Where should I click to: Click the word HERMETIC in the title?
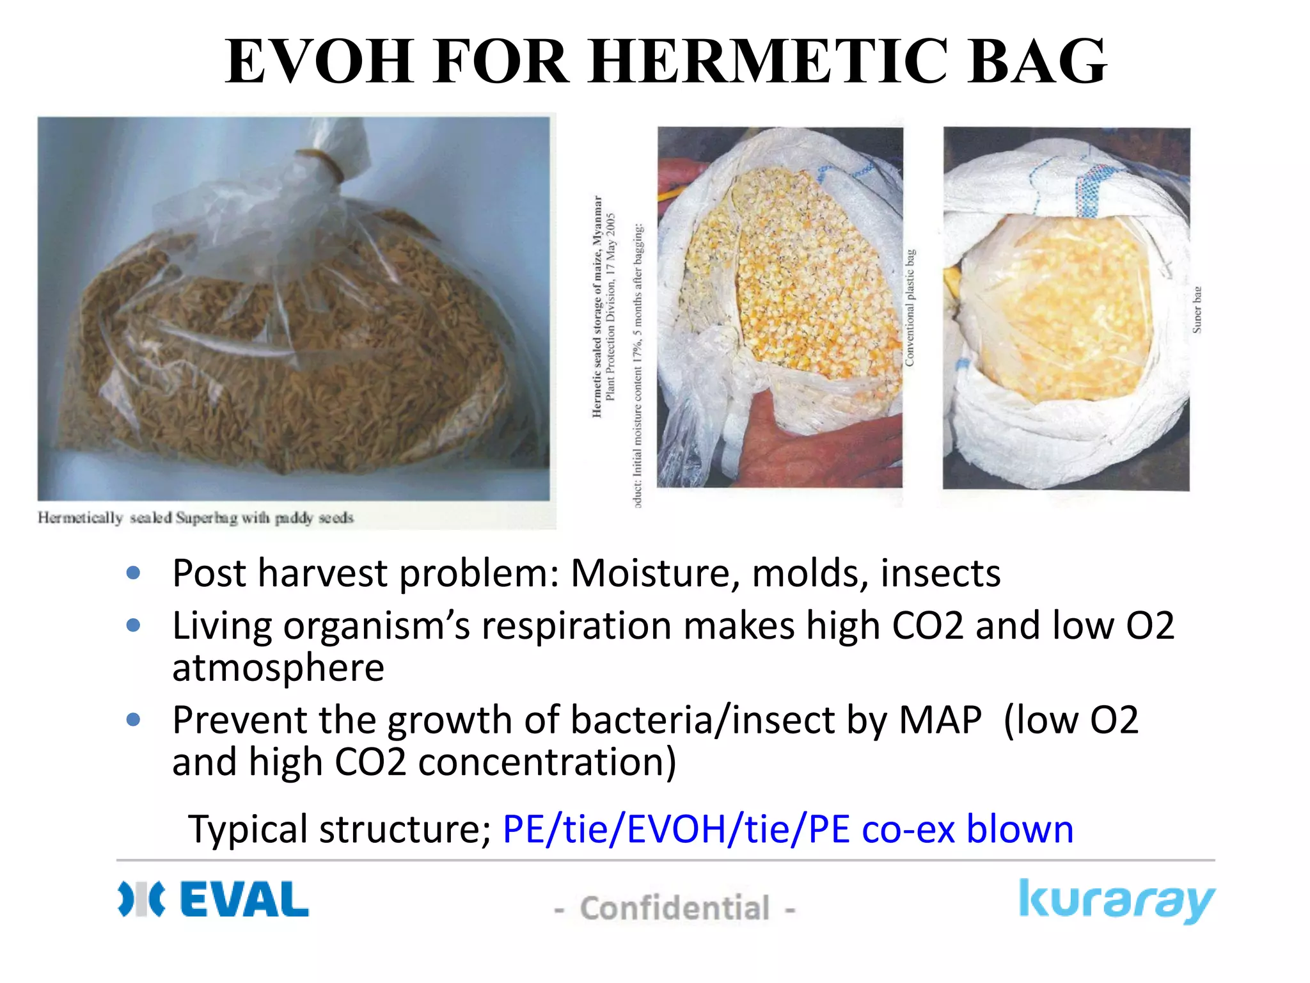[767, 61]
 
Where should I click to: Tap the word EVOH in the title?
[319, 61]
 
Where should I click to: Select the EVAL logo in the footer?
[214, 899]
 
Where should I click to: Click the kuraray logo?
[1116, 900]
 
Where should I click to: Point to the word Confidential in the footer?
[674, 908]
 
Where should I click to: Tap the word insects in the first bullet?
[940, 573]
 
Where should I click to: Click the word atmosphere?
[278, 667]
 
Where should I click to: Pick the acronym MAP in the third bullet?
[940, 720]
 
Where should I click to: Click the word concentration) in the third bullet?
[547, 762]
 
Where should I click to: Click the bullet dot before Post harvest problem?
[133, 573]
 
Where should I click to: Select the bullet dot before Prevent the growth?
[133, 720]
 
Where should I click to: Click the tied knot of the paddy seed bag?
[324, 168]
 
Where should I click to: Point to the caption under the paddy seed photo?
[196, 517]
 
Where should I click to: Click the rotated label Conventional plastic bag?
[910, 308]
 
